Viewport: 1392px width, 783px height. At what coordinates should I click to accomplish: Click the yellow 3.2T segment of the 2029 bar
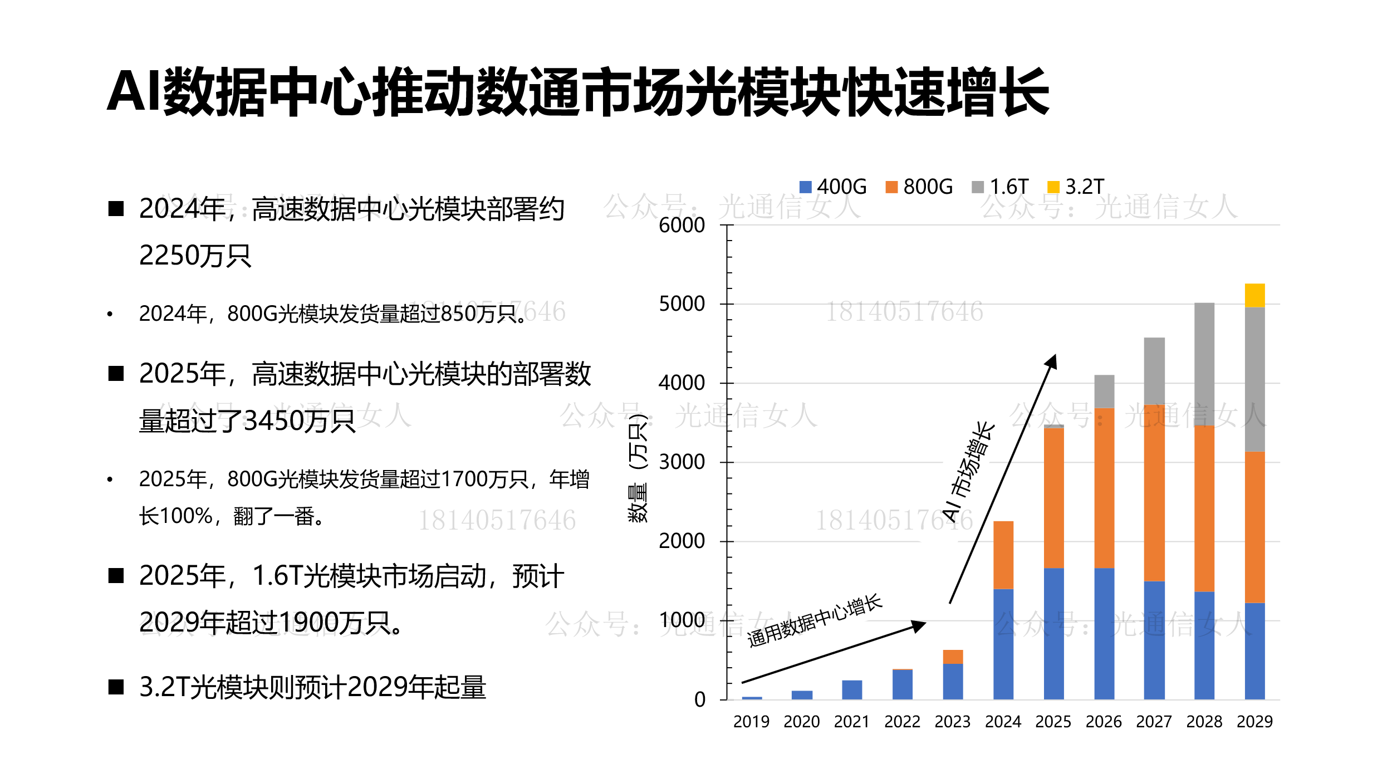(x=1254, y=295)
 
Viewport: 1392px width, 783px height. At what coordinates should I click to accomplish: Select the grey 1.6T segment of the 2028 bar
(x=1204, y=364)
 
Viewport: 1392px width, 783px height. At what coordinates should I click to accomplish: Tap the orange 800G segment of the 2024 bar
(x=1003, y=555)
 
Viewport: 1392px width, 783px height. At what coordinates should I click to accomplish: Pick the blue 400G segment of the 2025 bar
(x=1053, y=633)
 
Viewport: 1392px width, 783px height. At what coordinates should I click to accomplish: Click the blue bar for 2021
(x=852, y=689)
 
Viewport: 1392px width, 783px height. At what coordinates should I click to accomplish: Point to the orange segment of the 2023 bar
(x=953, y=657)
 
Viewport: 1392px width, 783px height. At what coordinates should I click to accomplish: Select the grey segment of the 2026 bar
(x=1104, y=391)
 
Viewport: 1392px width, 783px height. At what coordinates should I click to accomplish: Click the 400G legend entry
(x=833, y=187)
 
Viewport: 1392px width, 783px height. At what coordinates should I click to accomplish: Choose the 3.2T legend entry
(x=1076, y=187)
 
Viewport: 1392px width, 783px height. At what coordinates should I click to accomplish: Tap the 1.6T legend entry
(x=1000, y=187)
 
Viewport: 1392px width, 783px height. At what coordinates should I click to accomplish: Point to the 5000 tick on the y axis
(x=682, y=304)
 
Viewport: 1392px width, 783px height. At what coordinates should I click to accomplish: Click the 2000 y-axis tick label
(x=682, y=541)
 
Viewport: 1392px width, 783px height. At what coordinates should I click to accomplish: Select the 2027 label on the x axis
(x=1154, y=722)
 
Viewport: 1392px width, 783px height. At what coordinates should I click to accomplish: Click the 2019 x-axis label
(x=751, y=722)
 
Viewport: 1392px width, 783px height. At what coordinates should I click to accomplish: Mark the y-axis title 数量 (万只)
(x=638, y=468)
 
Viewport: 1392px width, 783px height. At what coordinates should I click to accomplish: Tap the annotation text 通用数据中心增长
(x=815, y=620)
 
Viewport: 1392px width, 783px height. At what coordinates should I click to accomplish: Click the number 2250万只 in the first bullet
(x=195, y=256)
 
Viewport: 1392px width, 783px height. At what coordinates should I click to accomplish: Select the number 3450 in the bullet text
(x=273, y=421)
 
